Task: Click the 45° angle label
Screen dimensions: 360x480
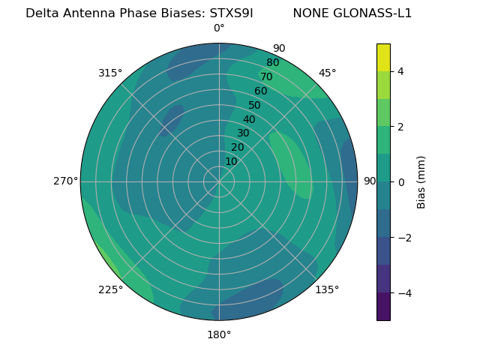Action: click(x=328, y=73)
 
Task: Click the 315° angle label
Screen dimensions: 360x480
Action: click(x=110, y=73)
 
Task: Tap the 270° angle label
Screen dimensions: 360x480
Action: click(x=65, y=181)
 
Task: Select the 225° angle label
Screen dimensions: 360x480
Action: click(x=110, y=289)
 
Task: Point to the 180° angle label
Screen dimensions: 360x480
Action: click(x=219, y=334)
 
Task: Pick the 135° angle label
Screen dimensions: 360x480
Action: click(x=327, y=289)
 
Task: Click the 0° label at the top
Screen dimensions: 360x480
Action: click(x=219, y=28)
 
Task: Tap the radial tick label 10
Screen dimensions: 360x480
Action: click(x=231, y=161)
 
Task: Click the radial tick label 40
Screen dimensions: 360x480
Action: click(x=249, y=119)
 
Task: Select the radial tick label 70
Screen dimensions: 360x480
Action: click(x=266, y=76)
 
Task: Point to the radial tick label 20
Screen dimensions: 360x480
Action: click(x=237, y=147)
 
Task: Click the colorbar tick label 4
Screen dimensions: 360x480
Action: click(x=401, y=71)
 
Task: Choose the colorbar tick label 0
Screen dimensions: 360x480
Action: click(x=401, y=181)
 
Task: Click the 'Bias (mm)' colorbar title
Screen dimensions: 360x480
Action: click(x=421, y=181)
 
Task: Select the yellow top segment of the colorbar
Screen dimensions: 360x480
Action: click(x=383, y=57)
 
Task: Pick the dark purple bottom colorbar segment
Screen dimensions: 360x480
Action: click(x=383, y=307)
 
